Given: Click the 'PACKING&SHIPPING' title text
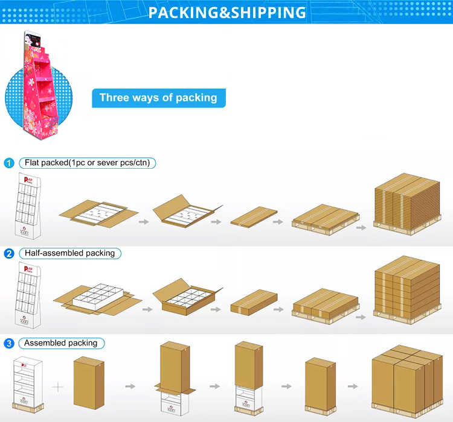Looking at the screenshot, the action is (x=226, y=12).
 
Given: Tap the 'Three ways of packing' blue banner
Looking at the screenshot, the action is (x=158, y=98).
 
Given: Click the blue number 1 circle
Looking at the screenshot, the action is (x=9, y=163).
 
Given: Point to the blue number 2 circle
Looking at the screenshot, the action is (x=9, y=253).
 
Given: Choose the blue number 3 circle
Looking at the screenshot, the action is (x=9, y=344).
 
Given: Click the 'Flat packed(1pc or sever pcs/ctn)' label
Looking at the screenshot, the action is (x=87, y=163).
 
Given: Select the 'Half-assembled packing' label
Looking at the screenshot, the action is (x=69, y=253).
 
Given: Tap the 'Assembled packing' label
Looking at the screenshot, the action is (x=60, y=344).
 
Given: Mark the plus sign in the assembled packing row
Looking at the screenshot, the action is (x=59, y=386).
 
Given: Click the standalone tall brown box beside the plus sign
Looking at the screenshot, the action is (x=88, y=382).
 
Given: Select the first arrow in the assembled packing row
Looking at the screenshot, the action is (x=130, y=386).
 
